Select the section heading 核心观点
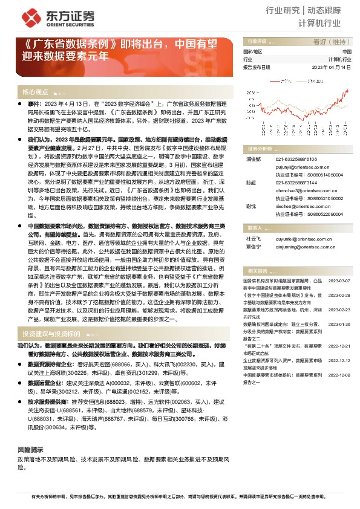35,92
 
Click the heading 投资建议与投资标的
51,334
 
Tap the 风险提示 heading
30,450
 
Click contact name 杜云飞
253,239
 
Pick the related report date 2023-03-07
339,264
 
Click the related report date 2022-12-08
339,375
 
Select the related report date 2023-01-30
339,323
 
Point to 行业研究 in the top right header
283,10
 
